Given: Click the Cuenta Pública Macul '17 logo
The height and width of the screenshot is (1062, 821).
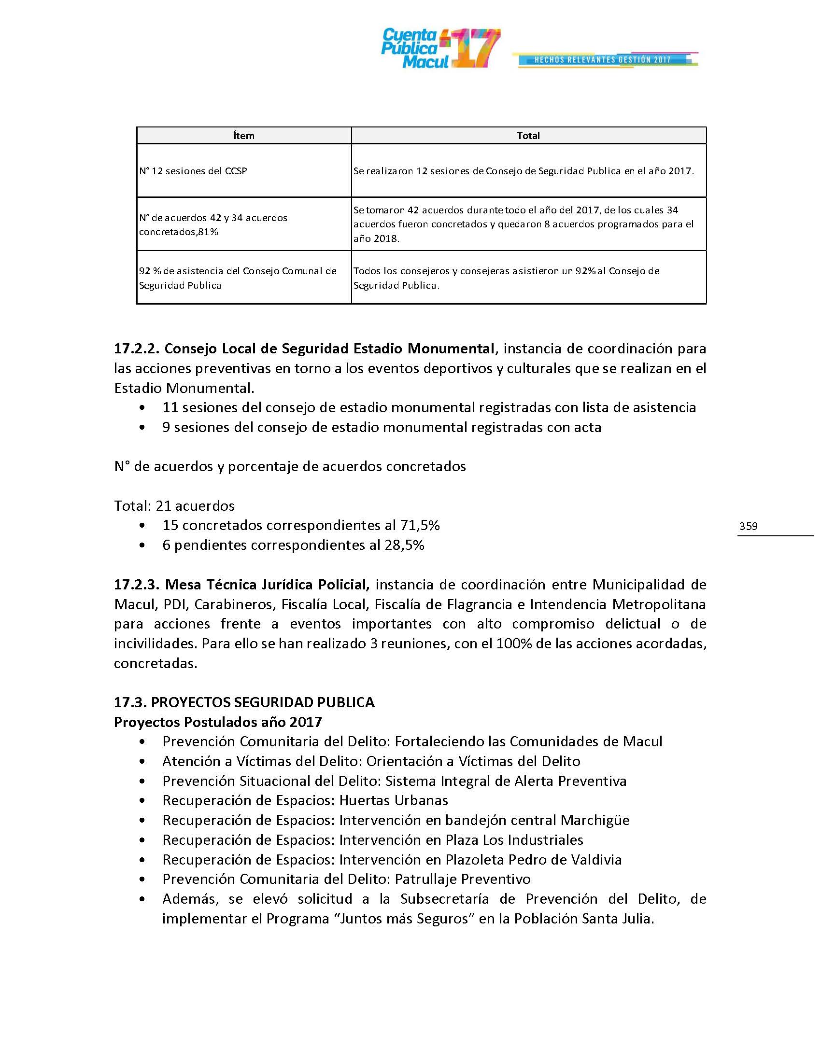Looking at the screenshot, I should pos(440,49).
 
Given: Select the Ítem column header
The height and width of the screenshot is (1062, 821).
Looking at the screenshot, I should pos(244,136).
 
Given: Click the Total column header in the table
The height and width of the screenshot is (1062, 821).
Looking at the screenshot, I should pos(528,136).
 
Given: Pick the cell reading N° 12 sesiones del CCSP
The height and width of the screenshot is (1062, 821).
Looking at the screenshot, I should pos(193,171).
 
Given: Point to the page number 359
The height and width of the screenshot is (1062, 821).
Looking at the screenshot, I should pos(748,526).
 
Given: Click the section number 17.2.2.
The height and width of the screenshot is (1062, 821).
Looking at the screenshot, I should pos(137,349).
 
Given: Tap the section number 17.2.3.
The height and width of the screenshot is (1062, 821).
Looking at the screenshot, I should pos(137,585).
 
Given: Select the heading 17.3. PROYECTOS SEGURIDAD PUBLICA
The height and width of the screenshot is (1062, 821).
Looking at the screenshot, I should pos(244,702).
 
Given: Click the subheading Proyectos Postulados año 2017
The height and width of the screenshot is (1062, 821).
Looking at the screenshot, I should pos(218,722).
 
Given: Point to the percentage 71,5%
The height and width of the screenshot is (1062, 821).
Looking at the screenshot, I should pos(420,525).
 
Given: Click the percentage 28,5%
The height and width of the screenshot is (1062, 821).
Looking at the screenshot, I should pos(404,545).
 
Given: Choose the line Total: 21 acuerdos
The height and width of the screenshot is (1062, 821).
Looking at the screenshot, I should pos(174,506).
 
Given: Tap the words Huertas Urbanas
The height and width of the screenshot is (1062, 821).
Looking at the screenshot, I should pos(394,800).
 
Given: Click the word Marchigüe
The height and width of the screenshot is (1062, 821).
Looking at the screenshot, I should pos(595,820).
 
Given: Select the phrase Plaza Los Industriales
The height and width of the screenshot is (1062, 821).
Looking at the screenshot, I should pos(514,840).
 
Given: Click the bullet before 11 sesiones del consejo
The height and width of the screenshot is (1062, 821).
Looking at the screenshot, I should pos(142,408).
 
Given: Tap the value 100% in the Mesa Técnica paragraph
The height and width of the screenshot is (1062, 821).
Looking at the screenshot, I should pos(512,644).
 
